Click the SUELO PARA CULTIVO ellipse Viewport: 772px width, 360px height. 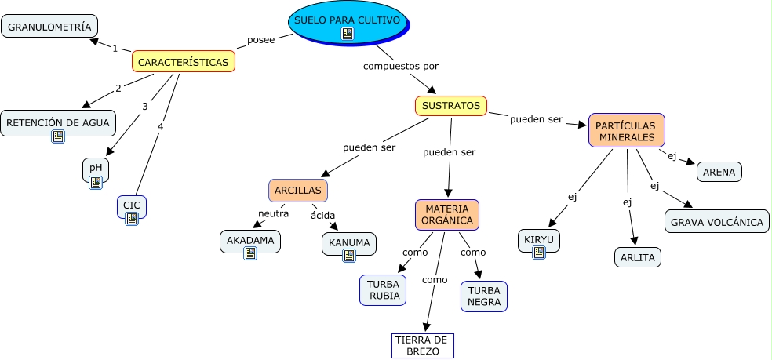pos(348,20)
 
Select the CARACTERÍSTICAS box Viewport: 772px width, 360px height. pos(184,61)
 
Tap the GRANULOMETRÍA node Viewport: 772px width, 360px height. pos(49,26)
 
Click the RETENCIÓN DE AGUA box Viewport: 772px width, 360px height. pos(58,122)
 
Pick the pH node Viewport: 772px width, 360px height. pos(96,167)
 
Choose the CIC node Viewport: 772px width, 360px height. pos(132,205)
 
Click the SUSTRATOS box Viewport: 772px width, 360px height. pos(450,105)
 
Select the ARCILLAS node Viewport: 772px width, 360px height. pos(297,190)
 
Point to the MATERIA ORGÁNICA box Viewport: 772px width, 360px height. pos(446,214)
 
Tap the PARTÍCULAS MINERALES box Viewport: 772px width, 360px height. pos(626,130)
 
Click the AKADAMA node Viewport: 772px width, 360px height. pos(250,242)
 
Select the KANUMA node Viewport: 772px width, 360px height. pos(349,242)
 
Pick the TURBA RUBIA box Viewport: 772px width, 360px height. pos(383,289)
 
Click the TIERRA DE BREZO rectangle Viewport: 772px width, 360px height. pos(423,345)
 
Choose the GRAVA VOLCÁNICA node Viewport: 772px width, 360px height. pos(716,222)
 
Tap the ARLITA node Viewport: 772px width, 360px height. pos(637,256)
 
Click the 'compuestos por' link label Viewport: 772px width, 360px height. pos(400,66)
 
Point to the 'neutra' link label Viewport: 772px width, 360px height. pos(274,213)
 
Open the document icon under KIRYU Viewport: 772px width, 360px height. pos(539,253)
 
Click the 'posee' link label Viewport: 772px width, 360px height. pos(260,39)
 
